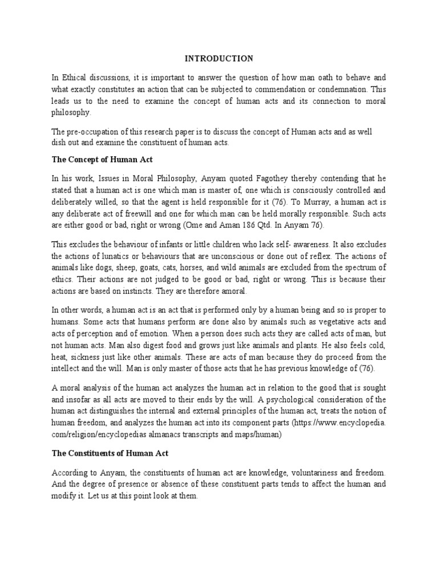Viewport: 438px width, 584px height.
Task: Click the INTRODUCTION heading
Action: point(218,58)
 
